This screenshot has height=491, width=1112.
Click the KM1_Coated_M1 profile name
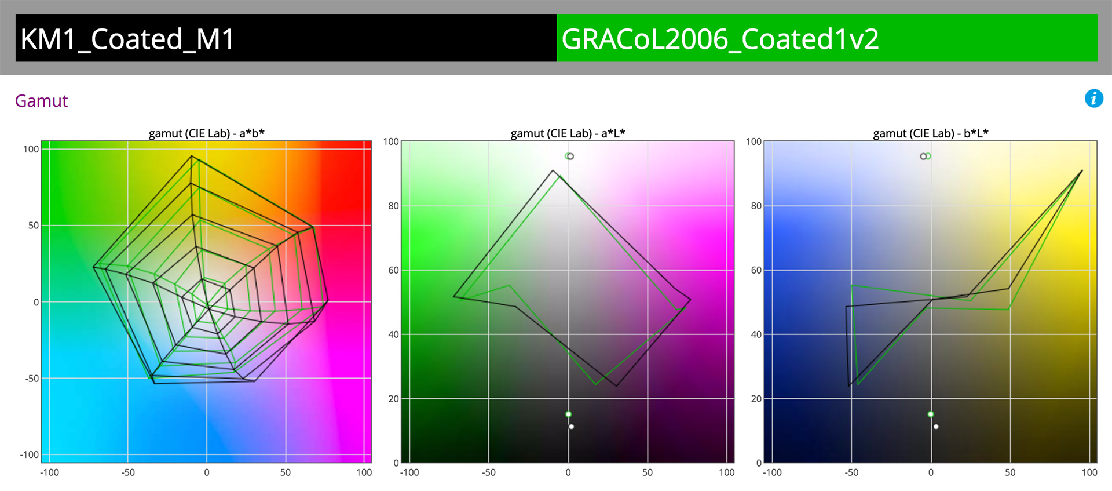(127, 39)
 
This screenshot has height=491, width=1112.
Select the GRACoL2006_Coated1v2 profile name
(720, 39)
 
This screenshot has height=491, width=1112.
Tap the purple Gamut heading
(41, 101)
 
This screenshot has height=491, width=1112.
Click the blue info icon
(1093, 99)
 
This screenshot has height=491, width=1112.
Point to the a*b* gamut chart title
(206, 133)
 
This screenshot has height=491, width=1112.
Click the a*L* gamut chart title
(568, 133)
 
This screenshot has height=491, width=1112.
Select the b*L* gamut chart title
(930, 133)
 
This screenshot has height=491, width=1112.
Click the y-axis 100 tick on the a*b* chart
(31, 149)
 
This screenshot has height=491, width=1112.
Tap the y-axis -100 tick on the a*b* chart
(29, 454)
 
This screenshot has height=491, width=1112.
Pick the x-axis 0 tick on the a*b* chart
(207, 472)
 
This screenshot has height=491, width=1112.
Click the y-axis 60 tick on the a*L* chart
(393, 270)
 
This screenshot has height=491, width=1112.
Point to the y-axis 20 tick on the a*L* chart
(393, 399)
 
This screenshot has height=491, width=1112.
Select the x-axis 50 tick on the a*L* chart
(647, 472)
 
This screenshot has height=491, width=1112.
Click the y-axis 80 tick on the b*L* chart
(756, 206)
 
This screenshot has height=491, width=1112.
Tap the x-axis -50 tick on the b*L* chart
(851, 472)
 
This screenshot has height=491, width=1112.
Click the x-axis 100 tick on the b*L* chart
(1089, 472)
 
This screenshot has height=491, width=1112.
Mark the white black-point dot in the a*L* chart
(571, 427)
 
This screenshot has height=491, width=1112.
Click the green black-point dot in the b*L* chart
(930, 414)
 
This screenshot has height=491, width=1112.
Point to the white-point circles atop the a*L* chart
(569, 156)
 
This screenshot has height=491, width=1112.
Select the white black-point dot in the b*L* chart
(935, 427)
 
